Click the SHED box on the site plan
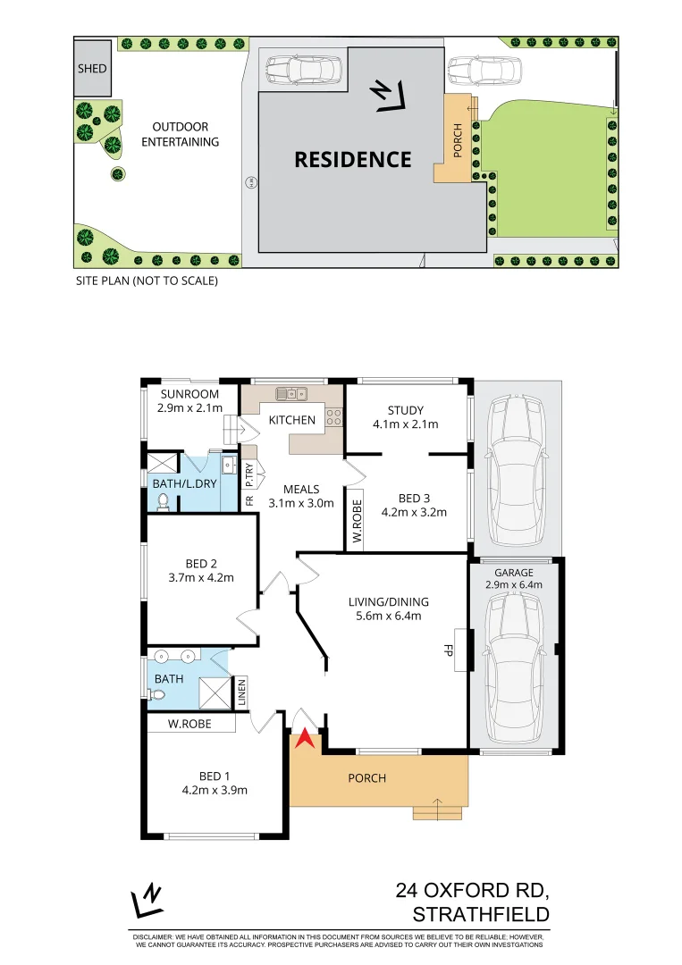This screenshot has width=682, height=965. point(92,69)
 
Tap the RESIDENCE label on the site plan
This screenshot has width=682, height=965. point(353,160)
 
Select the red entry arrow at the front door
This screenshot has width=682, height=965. point(306,738)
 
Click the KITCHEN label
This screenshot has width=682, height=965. point(292,420)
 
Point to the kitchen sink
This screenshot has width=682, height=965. point(291,392)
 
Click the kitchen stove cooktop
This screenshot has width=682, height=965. point(334,416)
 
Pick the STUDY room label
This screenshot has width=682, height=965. point(406,411)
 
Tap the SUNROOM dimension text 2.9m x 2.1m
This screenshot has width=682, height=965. point(188,407)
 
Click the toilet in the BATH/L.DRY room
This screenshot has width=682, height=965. point(163,501)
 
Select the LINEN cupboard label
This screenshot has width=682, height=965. point(240,692)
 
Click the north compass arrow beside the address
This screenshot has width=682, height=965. point(147,901)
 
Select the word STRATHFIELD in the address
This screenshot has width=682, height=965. point(481,915)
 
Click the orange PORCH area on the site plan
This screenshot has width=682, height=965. point(456,138)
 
